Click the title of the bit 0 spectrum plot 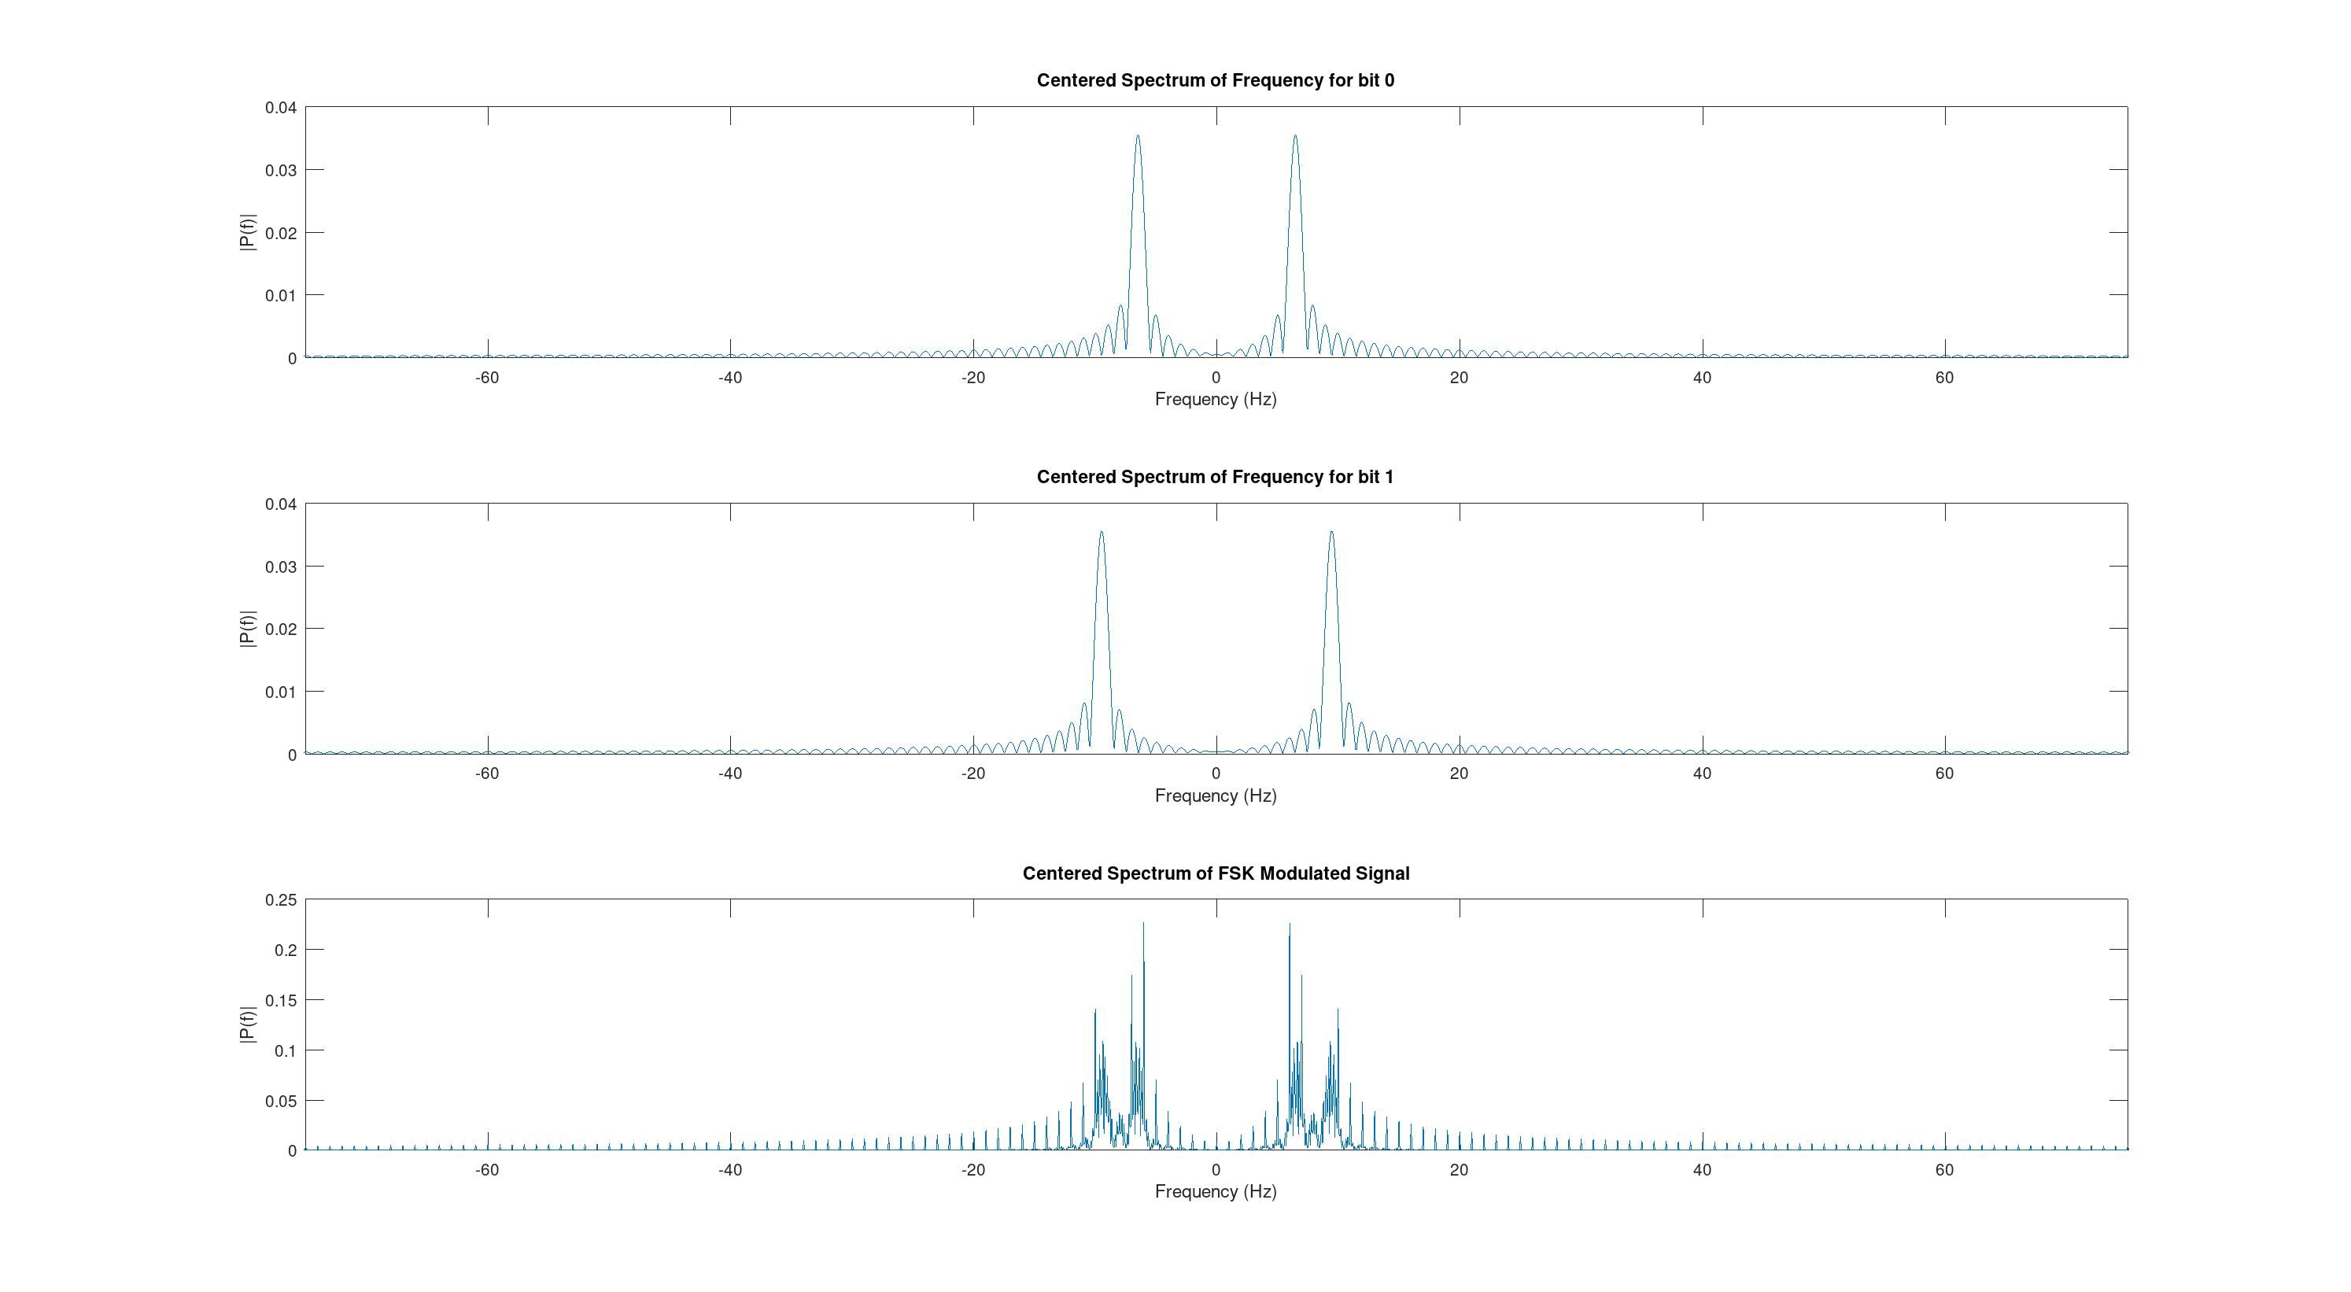(x=1215, y=80)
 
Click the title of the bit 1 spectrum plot (x=1215, y=477)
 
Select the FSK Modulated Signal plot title (x=1215, y=873)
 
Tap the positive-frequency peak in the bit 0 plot (x=1294, y=138)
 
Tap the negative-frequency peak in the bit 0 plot (x=1137, y=138)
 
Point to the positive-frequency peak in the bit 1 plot (x=1331, y=533)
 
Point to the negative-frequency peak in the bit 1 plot (x=1102, y=533)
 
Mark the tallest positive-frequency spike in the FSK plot (x=1289, y=925)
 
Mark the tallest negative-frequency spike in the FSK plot (x=1142, y=925)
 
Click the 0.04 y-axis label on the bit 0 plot (x=280, y=108)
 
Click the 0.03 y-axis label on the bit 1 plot (x=280, y=567)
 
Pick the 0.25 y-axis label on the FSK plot (x=280, y=899)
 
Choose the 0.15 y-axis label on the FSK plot (x=280, y=1000)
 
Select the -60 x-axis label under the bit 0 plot (x=486, y=378)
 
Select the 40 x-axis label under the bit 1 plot (x=1701, y=773)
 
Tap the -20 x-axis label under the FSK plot (x=973, y=1170)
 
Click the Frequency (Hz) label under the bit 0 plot (x=1215, y=399)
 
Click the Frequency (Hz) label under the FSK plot (x=1215, y=1191)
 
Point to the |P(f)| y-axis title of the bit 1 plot (x=247, y=629)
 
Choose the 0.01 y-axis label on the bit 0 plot (x=280, y=296)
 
